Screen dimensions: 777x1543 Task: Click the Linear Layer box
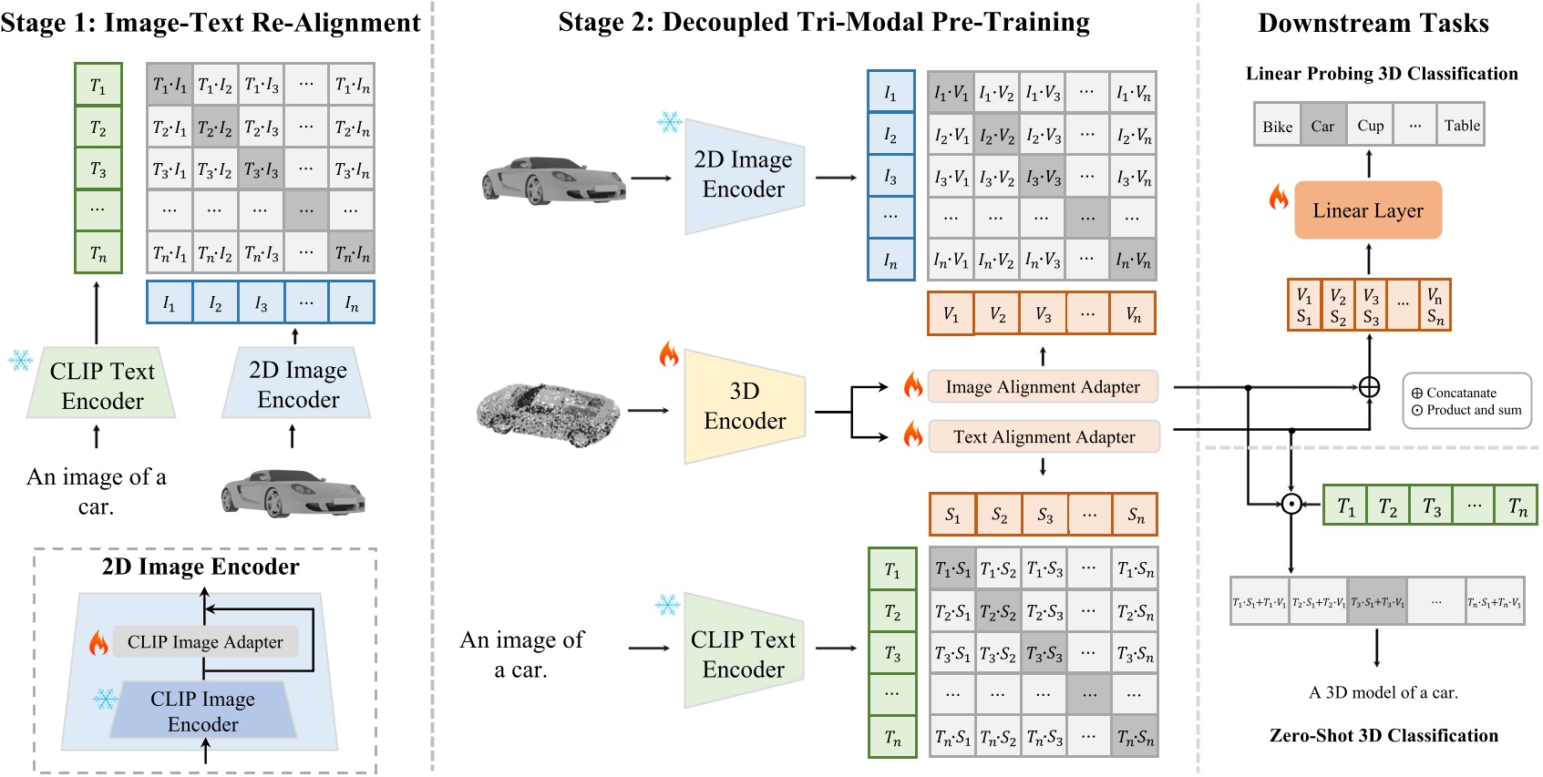point(1367,210)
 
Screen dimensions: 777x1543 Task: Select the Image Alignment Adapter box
point(1043,387)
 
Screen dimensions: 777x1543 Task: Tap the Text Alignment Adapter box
point(1044,437)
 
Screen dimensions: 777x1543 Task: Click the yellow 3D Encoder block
point(744,406)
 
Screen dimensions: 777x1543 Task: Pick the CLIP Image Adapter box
point(205,642)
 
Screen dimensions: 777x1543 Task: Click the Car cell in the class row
point(1322,127)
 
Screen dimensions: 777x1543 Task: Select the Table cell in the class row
point(1461,127)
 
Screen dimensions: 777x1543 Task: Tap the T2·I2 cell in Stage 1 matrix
point(215,128)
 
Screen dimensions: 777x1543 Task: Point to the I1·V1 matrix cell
point(951,93)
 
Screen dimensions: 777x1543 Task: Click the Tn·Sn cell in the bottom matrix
point(1135,738)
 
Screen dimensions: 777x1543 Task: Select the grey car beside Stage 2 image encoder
point(552,177)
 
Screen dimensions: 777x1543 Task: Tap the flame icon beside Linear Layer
point(1279,197)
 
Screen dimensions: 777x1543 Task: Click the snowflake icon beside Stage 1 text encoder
point(20,360)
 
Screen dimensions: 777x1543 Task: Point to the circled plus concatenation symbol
point(1369,387)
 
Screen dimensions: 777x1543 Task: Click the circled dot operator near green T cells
point(1291,504)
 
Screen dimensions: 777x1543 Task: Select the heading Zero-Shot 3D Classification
point(1384,736)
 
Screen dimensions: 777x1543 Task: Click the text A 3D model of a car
point(1383,692)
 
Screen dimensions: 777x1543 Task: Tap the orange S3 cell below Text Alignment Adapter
point(1044,516)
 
